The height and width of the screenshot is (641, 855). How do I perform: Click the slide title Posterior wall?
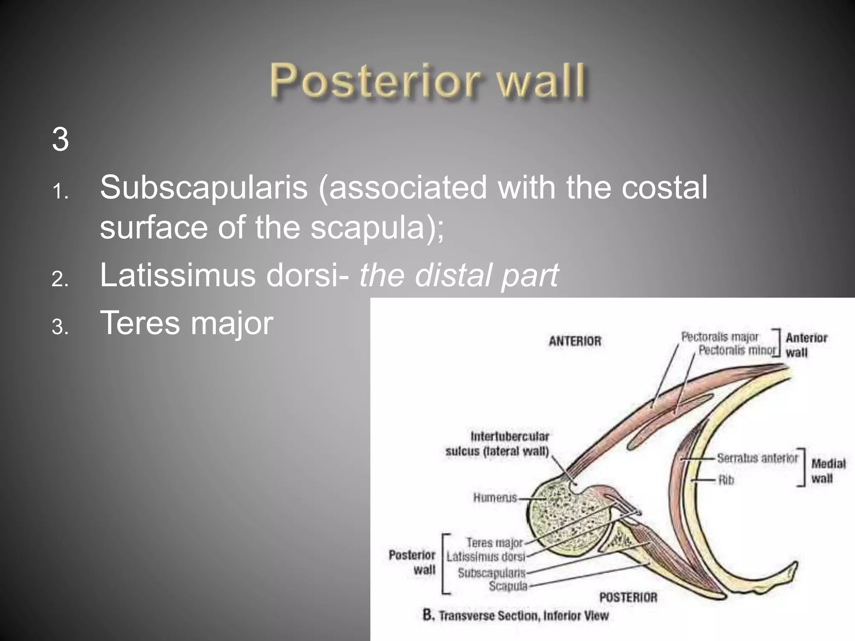[428, 80]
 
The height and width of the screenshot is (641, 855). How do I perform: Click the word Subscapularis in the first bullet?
[204, 187]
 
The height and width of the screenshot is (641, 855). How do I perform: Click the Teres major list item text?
[186, 323]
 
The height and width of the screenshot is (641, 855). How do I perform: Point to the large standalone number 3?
[61, 139]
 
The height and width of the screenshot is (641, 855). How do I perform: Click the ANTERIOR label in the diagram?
[575, 341]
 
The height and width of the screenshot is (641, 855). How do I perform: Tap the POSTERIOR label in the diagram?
[628, 597]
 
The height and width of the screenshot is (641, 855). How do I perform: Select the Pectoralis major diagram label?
[719, 337]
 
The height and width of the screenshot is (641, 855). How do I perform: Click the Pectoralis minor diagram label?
[737, 350]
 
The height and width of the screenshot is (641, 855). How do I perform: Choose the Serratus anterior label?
[757, 458]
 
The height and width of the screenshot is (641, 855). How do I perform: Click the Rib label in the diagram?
[726, 480]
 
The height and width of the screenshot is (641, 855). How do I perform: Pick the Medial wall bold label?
[828, 471]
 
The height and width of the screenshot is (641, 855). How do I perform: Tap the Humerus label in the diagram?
[495, 497]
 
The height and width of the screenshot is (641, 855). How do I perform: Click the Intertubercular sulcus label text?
[498, 444]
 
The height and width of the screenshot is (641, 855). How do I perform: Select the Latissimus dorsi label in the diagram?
[485, 557]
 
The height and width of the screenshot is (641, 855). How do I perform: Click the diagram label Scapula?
[508, 586]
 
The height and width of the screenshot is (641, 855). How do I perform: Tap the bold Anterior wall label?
[806, 345]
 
